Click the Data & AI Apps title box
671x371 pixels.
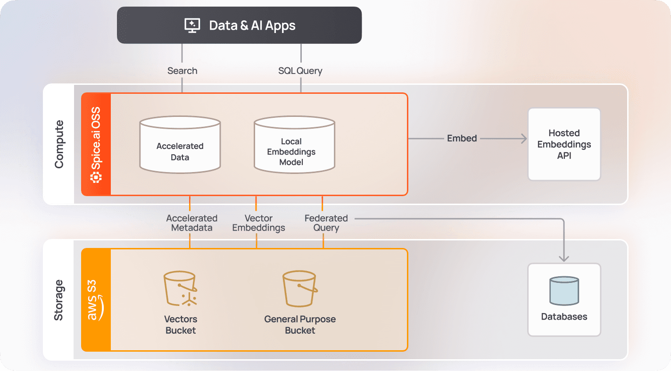[x=239, y=25]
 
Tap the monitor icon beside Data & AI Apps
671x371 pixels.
[x=192, y=25]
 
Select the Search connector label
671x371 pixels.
[x=182, y=71]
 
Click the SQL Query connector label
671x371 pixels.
[x=300, y=71]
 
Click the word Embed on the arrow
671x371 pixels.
[x=462, y=138]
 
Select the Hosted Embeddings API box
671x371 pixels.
[x=564, y=144]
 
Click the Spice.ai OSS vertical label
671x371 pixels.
[x=96, y=144]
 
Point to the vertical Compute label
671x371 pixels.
[x=59, y=144]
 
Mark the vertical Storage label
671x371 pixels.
[x=58, y=300]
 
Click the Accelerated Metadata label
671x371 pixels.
[x=191, y=223]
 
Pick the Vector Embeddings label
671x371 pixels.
[x=258, y=223]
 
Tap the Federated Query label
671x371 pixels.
[x=326, y=223]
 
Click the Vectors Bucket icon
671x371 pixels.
[x=180, y=289]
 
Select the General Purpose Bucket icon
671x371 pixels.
[x=299, y=289]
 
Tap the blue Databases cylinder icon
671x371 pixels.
[x=564, y=291]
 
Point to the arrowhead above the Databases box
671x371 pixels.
[x=564, y=257]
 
